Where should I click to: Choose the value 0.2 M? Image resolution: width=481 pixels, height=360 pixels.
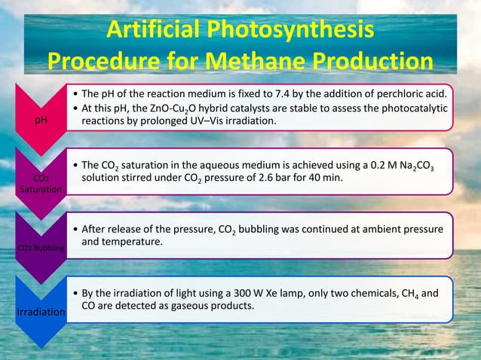click(x=385, y=165)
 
